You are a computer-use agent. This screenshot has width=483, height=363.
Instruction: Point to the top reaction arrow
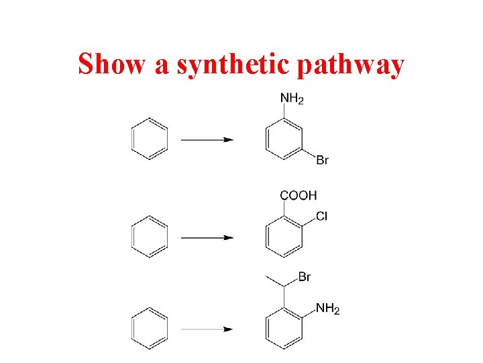pos(207,140)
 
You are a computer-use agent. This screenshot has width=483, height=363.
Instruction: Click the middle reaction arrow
pos(207,237)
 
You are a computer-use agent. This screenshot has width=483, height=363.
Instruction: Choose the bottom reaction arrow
pos(207,329)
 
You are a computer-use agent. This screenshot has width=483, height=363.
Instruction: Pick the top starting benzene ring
pos(149,140)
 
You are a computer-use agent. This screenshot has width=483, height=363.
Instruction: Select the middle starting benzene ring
pos(149,237)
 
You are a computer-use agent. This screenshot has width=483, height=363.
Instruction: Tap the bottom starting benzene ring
pos(149,329)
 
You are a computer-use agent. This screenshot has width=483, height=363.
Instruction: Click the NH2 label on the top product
pos(292,99)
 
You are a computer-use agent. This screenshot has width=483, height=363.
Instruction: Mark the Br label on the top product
pos(322,160)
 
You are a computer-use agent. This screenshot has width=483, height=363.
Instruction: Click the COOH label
pos(299,196)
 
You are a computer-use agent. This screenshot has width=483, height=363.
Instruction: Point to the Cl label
pos(321,216)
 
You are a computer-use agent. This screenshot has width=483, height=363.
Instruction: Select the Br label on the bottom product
pos(304,277)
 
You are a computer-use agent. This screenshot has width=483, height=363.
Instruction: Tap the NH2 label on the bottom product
pos(327,309)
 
